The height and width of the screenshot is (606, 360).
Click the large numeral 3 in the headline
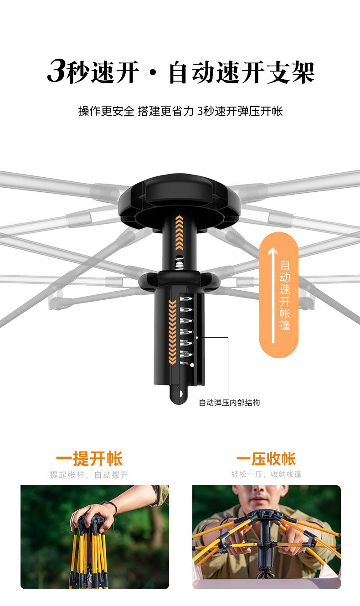pos(57,72)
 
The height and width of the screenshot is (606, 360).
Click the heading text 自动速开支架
pos(242,73)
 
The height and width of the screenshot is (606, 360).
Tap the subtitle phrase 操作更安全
pos(106,111)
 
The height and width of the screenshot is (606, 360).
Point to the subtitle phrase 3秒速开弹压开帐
pos(240,111)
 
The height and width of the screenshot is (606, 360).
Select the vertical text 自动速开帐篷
pos(285,295)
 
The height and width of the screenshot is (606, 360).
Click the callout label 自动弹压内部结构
pos(229,403)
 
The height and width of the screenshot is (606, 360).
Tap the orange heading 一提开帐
pos(89,459)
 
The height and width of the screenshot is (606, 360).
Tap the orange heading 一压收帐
pos(266,459)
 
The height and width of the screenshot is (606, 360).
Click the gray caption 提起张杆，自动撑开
pos(89,475)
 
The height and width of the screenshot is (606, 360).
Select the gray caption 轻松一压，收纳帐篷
pos(266,475)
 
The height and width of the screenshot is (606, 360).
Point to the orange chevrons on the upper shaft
pos(179,232)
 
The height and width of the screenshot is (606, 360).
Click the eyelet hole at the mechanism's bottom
pos(179,393)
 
